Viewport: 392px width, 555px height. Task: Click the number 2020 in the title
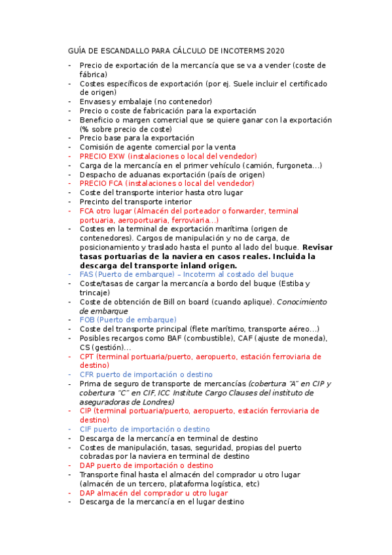click(276, 51)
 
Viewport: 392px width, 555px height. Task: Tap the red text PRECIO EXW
click(102, 156)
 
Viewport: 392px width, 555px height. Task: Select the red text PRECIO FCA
click(102, 184)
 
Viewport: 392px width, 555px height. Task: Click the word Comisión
click(99, 147)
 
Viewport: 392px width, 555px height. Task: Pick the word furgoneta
click(292, 166)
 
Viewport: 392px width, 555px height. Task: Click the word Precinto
click(97, 202)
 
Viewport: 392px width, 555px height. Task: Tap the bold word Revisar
click(319, 247)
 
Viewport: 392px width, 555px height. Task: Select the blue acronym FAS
click(87, 275)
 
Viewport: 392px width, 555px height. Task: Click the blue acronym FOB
click(88, 320)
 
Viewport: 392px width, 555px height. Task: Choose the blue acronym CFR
click(88, 374)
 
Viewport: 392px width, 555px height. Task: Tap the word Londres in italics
click(158, 402)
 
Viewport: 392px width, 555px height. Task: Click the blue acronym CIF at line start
click(87, 429)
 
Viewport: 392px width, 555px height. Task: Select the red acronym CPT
click(88, 357)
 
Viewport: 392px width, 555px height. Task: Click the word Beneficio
click(99, 120)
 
